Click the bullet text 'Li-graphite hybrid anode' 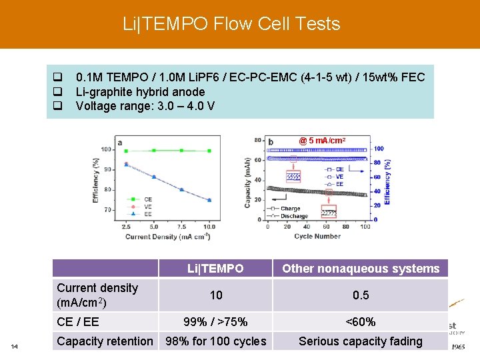tap(140, 91)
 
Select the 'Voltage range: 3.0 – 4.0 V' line tap(145, 106)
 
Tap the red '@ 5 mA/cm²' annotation tap(322, 141)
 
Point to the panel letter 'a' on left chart tap(119, 142)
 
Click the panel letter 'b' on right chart tap(271, 141)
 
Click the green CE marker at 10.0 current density tap(209, 151)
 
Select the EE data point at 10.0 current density tap(209, 200)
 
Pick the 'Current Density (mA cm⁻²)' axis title tap(167, 237)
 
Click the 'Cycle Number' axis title tap(317, 236)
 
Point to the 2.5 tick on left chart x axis tap(126, 227)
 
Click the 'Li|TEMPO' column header tap(215, 269)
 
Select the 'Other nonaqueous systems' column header tap(361, 269)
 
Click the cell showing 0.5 tap(361, 295)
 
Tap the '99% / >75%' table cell tap(215, 322)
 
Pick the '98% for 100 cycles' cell tap(215, 341)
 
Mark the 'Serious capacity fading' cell tap(361, 341)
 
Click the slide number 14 tap(14, 345)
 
